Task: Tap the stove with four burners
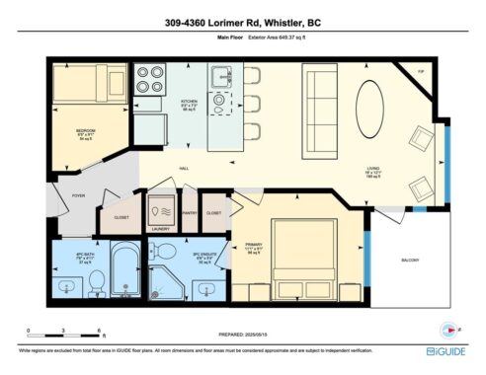click(x=150, y=78)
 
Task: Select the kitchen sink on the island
click(x=220, y=77)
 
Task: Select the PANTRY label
click(x=192, y=211)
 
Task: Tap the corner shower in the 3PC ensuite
click(x=165, y=277)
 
